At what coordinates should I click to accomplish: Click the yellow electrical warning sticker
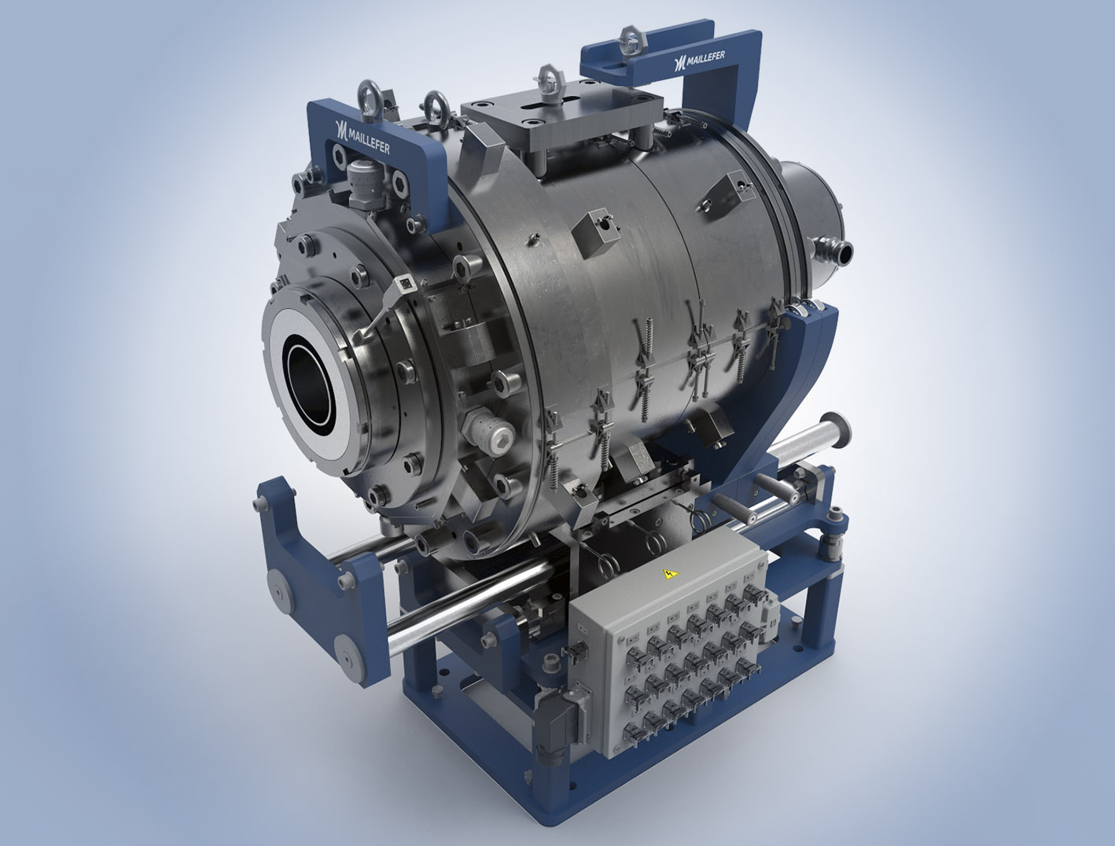(671, 575)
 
